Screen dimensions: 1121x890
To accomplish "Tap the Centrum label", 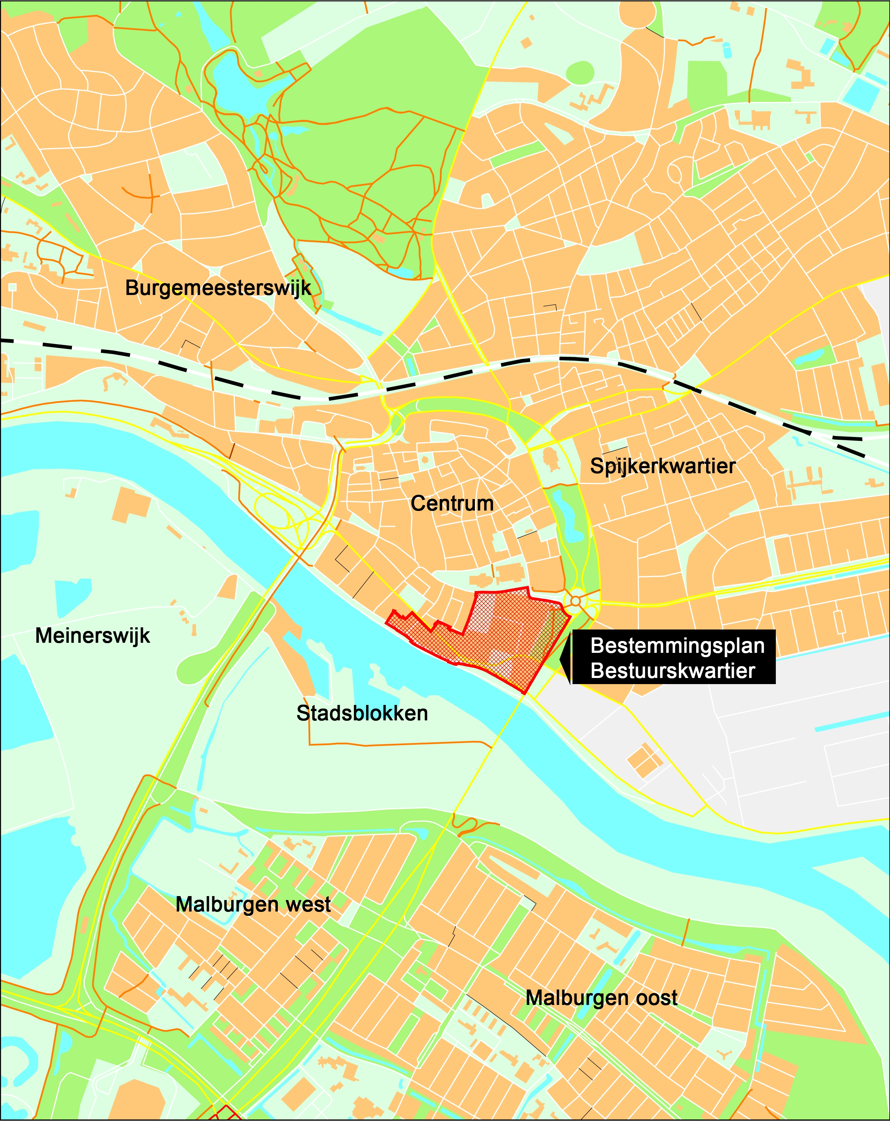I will (x=452, y=503).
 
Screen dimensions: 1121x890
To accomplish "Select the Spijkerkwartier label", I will (x=662, y=466).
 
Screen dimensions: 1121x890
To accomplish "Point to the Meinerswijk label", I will (x=93, y=635).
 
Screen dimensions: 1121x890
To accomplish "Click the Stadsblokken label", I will (x=362, y=713).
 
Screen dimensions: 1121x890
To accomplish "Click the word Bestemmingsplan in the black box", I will (x=677, y=646).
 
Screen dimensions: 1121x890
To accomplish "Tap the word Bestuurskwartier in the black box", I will (x=672, y=671).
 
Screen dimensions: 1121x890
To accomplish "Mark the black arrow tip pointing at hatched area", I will (x=560, y=658).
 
